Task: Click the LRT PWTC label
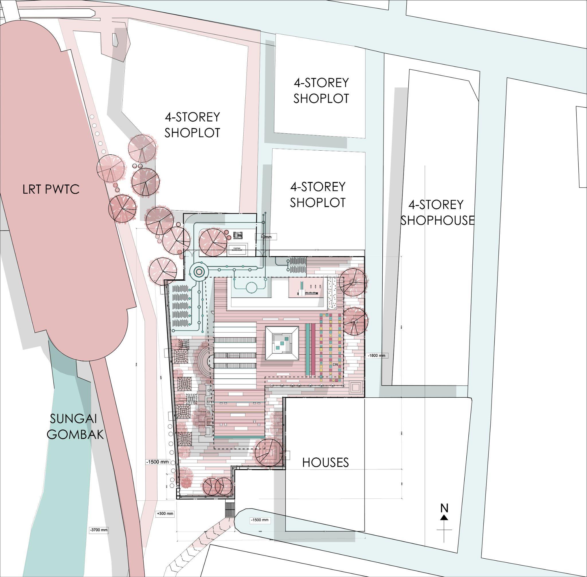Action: pos(51,189)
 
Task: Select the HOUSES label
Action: pos(325,462)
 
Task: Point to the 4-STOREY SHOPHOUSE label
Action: pos(437,212)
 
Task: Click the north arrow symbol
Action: pos(444,516)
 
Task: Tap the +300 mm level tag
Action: pos(165,514)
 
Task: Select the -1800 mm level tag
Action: pos(377,355)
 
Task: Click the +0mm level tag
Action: pos(266,237)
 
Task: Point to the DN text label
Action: pos(335,365)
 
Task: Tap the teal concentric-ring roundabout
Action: pos(198,272)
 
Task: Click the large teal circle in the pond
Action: pos(252,287)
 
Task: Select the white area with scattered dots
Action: pos(332,292)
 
